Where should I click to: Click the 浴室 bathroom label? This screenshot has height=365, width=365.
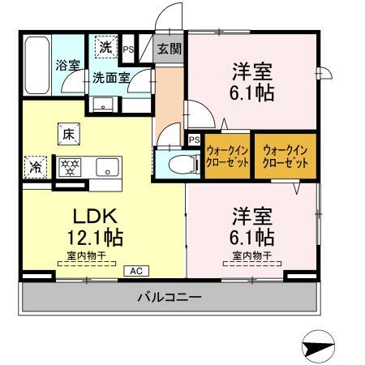tap(67, 65)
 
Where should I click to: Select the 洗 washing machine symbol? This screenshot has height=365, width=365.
tap(106, 47)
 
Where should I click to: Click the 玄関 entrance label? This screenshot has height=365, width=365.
tap(169, 49)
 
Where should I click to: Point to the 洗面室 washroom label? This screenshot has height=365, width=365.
tap(109, 79)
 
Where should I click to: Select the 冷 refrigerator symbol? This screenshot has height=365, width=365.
tap(36, 168)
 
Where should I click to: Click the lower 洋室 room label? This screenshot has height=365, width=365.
tap(253, 217)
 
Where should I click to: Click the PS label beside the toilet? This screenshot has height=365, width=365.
tap(193, 140)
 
